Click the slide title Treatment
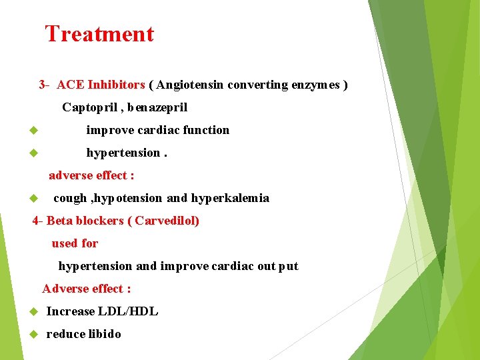[99, 34]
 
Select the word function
[206, 130]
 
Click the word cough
[69, 198]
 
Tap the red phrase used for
[75, 243]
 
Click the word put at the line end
[289, 266]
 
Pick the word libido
[105, 334]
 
